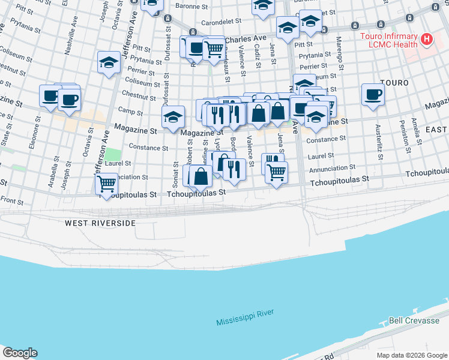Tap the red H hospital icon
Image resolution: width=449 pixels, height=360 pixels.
(x=427, y=40)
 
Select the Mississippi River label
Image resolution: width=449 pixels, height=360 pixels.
(x=246, y=319)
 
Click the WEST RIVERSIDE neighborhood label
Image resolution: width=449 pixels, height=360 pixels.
(x=100, y=223)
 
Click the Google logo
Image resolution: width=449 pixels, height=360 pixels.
(x=20, y=353)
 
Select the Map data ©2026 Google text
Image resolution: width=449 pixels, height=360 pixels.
(x=411, y=355)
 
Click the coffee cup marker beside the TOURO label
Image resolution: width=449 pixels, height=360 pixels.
(x=373, y=94)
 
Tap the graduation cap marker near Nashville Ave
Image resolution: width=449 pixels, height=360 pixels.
(x=109, y=62)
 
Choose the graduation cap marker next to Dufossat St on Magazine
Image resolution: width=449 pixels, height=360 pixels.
(x=172, y=116)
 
